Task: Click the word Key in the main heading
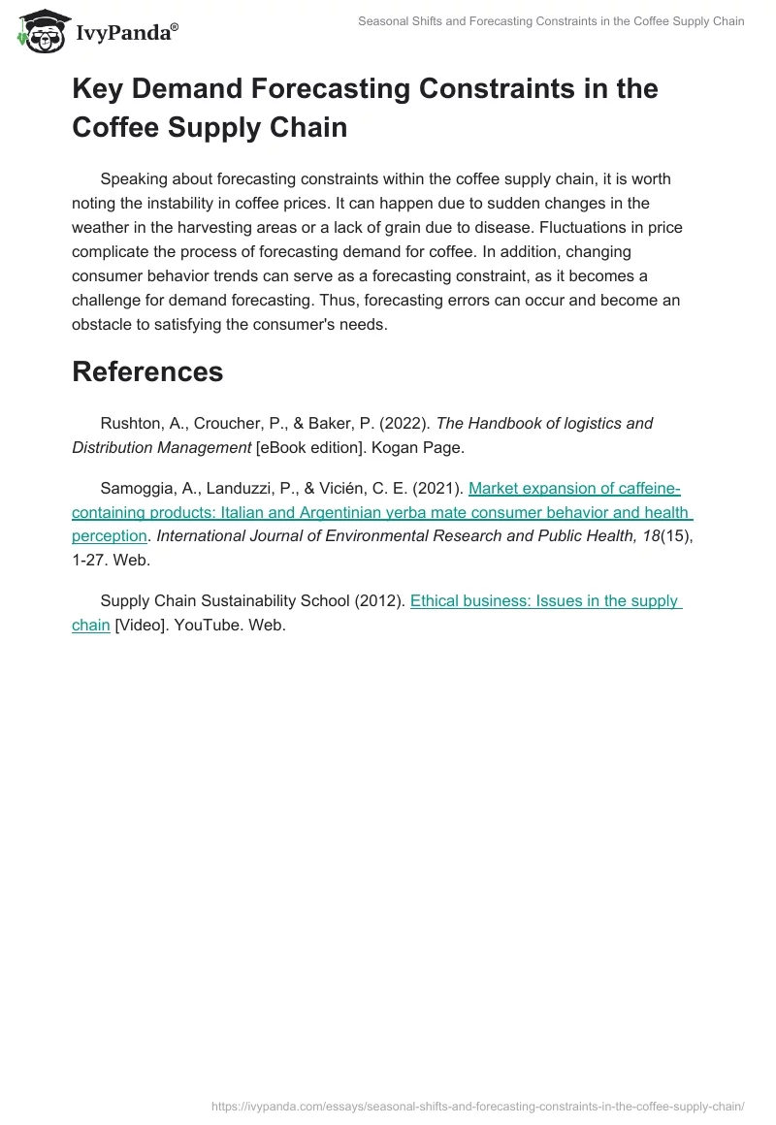(x=99, y=89)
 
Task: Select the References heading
(x=147, y=371)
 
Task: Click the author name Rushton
(x=132, y=423)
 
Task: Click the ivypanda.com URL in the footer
(x=477, y=1105)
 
